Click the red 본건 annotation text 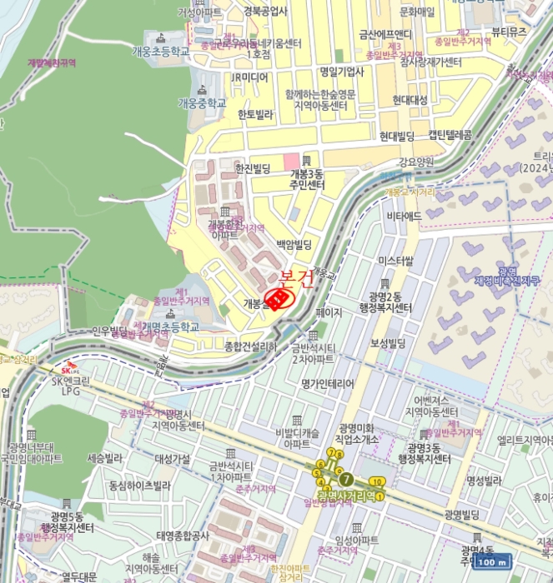(296, 279)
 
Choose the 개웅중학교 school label (202, 103)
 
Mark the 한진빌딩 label (253, 168)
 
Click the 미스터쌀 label (395, 261)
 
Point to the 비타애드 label (403, 216)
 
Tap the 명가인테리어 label (328, 383)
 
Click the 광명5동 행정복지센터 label (66, 522)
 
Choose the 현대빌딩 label (397, 136)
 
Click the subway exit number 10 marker (377, 481)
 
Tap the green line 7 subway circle (346, 479)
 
